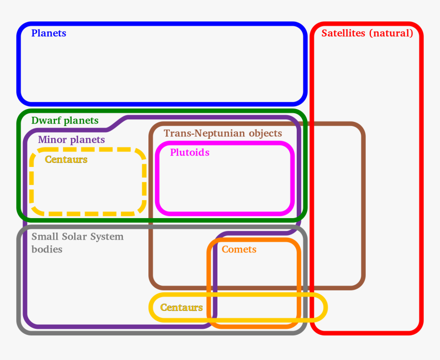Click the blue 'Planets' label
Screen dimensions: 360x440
(x=49, y=33)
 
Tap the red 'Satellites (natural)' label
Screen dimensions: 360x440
(x=367, y=33)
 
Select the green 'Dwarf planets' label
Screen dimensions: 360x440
(x=64, y=121)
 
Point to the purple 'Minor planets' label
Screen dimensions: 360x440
(x=71, y=139)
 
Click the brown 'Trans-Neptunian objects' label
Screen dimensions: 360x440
(x=223, y=133)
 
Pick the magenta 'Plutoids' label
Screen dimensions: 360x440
(x=189, y=152)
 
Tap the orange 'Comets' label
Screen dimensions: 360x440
(x=238, y=249)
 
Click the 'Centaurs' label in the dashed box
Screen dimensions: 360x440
(x=66, y=159)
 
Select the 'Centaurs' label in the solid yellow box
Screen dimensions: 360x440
(x=181, y=307)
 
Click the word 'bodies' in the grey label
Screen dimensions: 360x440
(x=47, y=249)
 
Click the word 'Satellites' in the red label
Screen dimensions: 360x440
(x=343, y=33)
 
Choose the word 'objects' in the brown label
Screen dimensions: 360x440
(x=265, y=133)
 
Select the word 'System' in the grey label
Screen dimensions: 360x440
(x=106, y=237)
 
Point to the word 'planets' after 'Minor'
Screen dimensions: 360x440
(x=87, y=140)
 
